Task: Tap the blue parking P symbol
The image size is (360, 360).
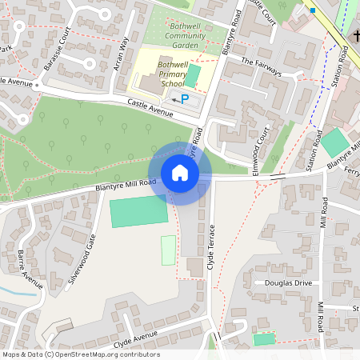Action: pyautogui.click(x=186, y=99)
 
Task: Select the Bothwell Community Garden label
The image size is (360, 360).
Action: pyautogui.click(x=184, y=35)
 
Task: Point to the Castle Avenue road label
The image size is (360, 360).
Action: pyautogui.click(x=150, y=107)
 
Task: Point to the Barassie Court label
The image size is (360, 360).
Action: pyautogui.click(x=58, y=49)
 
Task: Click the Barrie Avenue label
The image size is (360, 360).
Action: pyautogui.click(x=30, y=269)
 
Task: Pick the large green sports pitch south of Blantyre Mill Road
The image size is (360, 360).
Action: pyautogui.click(x=138, y=210)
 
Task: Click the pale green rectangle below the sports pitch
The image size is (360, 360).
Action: pyautogui.click(x=168, y=250)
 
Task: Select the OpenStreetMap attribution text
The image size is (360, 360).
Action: pyautogui.click(x=82, y=354)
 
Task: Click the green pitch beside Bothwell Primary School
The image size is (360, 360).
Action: pyautogui.click(x=193, y=76)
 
